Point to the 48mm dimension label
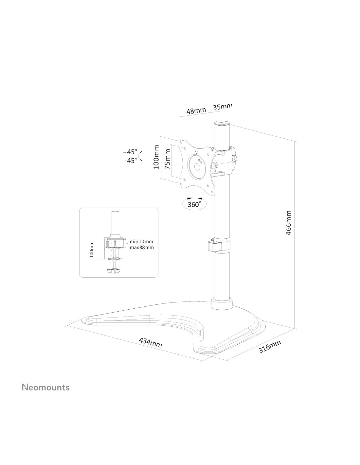(x=196, y=111)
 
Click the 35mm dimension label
(x=223, y=107)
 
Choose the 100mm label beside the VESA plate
(x=156, y=157)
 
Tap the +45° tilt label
(x=130, y=152)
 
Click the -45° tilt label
(x=131, y=161)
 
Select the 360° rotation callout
(x=194, y=204)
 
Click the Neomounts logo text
(x=45, y=387)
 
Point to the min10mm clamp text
(x=141, y=241)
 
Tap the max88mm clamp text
(x=141, y=248)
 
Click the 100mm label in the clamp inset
(x=92, y=250)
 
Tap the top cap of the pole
(x=222, y=123)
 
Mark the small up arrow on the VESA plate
(x=196, y=151)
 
